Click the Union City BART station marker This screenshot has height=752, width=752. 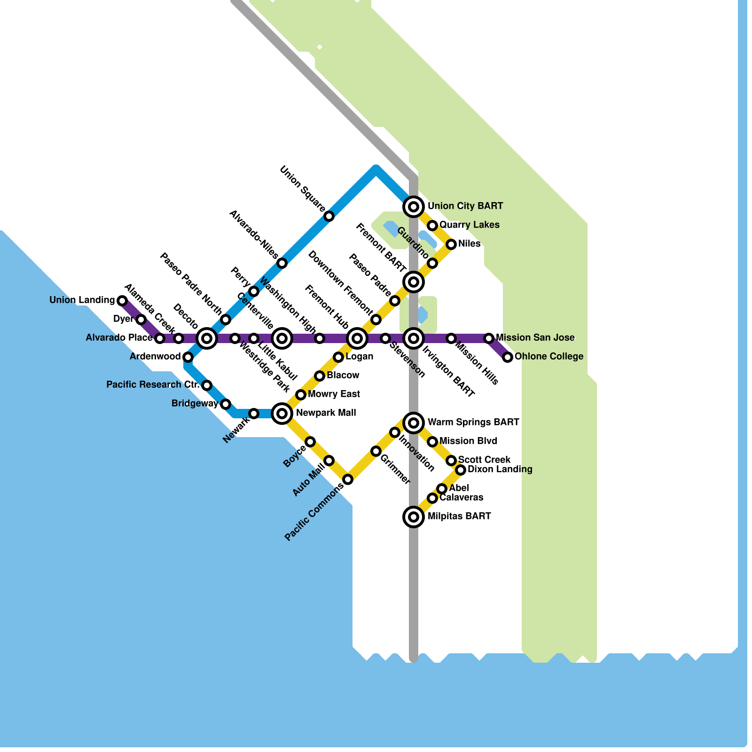pyautogui.click(x=414, y=206)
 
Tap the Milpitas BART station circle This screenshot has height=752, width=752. pyautogui.click(x=414, y=517)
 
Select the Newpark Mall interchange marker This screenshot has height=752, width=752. pyautogui.click(x=282, y=414)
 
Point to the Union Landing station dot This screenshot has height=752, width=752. pyautogui.click(x=122, y=300)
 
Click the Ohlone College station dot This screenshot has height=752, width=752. pyautogui.click(x=508, y=357)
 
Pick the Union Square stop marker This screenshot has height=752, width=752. pyautogui.click(x=329, y=216)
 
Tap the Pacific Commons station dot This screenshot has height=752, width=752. pyautogui.click(x=348, y=479)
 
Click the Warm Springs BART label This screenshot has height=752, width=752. pyautogui.click(x=473, y=422)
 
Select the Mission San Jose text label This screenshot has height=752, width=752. pyautogui.click(x=535, y=337)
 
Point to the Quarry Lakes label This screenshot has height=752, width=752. pyautogui.click(x=469, y=225)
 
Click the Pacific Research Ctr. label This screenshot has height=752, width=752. pyautogui.click(x=153, y=384)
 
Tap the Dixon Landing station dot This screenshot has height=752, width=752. pyautogui.click(x=461, y=470)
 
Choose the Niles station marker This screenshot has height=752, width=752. pyautogui.click(x=451, y=244)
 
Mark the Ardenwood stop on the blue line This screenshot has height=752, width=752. pyautogui.click(x=188, y=357)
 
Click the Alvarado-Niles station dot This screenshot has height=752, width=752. pyautogui.click(x=282, y=263)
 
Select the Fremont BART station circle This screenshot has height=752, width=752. pyautogui.click(x=414, y=282)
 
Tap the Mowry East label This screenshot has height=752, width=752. pyautogui.click(x=334, y=394)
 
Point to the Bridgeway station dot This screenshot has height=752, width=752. pyautogui.click(x=226, y=404)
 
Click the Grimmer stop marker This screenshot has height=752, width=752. pyautogui.click(x=376, y=451)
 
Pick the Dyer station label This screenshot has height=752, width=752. pyautogui.click(x=123, y=319)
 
